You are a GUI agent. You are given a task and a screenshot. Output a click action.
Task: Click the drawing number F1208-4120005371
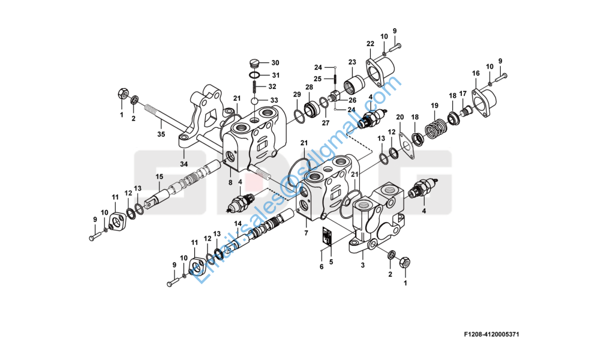[x=491, y=334]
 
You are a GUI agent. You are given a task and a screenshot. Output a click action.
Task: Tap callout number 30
[x=275, y=63]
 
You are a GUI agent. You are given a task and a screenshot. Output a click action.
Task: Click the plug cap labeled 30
[x=254, y=62]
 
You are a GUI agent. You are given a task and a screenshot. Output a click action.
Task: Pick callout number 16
[x=476, y=73]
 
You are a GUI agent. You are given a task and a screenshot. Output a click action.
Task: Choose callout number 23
[x=352, y=61]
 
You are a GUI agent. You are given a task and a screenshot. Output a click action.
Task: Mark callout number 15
[x=160, y=176]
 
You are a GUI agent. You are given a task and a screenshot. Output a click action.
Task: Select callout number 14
[x=238, y=223]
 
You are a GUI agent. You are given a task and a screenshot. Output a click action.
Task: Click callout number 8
[x=229, y=182]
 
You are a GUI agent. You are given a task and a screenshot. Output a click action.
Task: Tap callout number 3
[x=362, y=264]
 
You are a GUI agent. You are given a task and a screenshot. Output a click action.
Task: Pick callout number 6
[x=321, y=266]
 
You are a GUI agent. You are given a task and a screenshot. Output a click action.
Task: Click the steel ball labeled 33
[x=254, y=100]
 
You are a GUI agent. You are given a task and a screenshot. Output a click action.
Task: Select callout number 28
[x=309, y=88]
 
